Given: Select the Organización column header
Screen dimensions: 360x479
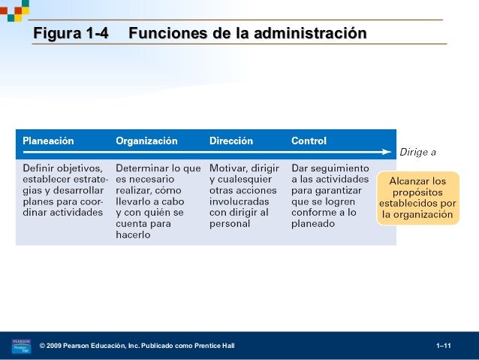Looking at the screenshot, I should pyautogui.click(x=146, y=141).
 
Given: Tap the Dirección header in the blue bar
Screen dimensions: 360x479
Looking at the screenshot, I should pyautogui.click(x=230, y=141).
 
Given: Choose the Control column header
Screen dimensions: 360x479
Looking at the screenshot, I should pyautogui.click(x=309, y=141).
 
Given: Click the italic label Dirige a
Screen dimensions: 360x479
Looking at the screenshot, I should pyautogui.click(x=417, y=152).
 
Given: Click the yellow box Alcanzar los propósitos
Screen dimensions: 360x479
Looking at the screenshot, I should pyautogui.click(x=417, y=198).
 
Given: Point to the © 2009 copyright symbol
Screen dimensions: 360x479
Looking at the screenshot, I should pyautogui.click(x=43, y=346).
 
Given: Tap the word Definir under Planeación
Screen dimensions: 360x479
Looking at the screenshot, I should pyautogui.click(x=38, y=169).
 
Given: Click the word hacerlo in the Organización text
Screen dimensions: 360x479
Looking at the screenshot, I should pyautogui.click(x=133, y=234).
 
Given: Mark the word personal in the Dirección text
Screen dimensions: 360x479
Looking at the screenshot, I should pyautogui.click(x=229, y=223).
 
